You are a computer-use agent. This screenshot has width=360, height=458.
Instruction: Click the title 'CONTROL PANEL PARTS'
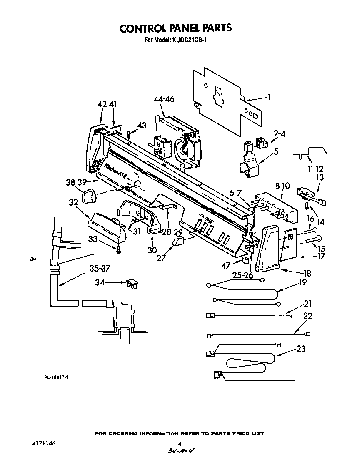(x=175, y=28)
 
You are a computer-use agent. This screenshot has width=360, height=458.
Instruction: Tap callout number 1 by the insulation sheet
(x=269, y=97)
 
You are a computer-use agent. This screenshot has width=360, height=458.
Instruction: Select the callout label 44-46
(x=163, y=99)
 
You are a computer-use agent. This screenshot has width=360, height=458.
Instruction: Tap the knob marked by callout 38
(x=89, y=196)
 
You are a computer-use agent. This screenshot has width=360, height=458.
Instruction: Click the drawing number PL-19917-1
(x=56, y=377)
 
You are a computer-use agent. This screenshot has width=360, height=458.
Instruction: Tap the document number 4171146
(x=43, y=444)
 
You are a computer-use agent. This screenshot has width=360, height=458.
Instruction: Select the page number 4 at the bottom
(x=180, y=444)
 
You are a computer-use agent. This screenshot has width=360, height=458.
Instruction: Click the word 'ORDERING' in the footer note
(x=124, y=433)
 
